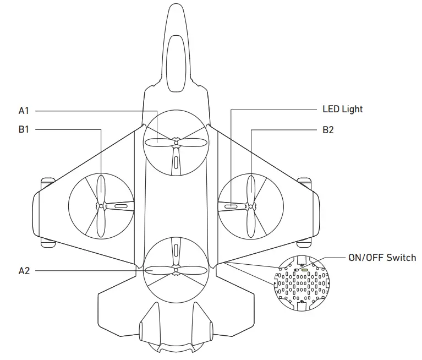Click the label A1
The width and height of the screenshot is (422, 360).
24,111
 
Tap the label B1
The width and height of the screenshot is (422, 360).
24,130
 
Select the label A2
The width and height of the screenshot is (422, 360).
24,271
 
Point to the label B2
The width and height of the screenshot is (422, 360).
328,130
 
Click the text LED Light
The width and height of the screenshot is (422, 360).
342,109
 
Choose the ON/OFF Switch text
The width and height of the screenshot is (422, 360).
382,257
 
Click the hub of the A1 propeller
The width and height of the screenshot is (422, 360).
176,143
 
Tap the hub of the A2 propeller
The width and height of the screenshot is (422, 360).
176,269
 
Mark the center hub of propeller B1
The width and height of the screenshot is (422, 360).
101,206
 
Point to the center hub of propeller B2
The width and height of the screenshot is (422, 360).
251,207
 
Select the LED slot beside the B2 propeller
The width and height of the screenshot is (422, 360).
232,206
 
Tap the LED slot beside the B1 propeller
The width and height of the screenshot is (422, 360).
120,206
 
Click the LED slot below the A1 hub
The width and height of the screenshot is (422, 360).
176,163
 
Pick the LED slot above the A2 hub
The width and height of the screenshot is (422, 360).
176,249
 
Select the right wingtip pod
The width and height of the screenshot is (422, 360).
304,212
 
